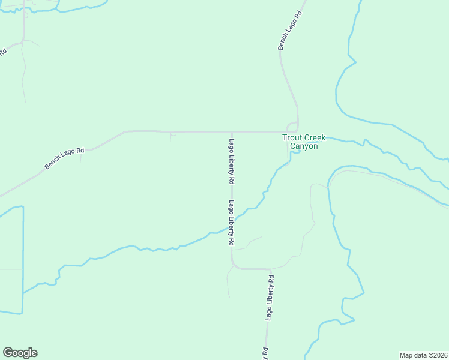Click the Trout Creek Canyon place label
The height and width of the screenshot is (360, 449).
pos(304,142)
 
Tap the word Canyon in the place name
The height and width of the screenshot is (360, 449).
pos(304,146)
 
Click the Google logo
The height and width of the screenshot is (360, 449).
pos(20,353)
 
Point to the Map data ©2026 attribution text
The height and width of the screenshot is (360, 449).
pos(423,355)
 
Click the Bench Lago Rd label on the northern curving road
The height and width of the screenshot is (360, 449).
pos(289,29)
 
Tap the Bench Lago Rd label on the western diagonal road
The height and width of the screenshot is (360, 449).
pos(64,158)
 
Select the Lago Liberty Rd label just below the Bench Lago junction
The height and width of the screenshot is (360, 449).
pos(231,161)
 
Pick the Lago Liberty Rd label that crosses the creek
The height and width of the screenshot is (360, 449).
pos(231,223)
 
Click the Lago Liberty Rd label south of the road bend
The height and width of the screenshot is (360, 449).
pos(270,299)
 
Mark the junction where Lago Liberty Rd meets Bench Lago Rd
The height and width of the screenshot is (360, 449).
pos(232,132)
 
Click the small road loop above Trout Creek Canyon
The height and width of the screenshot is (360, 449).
pos(292,127)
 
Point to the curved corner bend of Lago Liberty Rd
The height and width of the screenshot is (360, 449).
pos(234,266)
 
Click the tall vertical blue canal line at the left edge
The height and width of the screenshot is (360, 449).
pos(23,258)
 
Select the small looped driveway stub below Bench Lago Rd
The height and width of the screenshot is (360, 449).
pos(173,136)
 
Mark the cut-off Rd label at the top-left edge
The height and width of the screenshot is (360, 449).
pos(3,52)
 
